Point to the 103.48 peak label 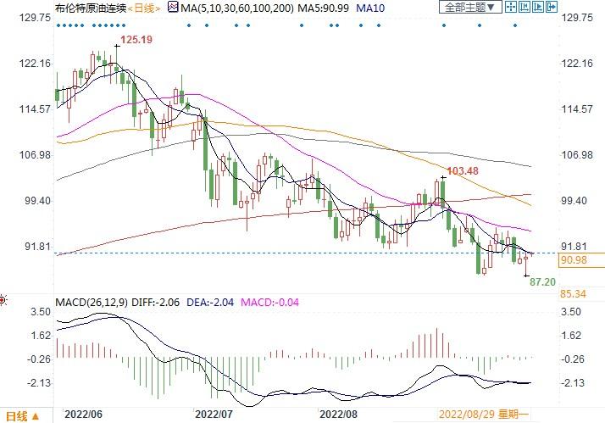(462, 171)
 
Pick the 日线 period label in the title (146, 8)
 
